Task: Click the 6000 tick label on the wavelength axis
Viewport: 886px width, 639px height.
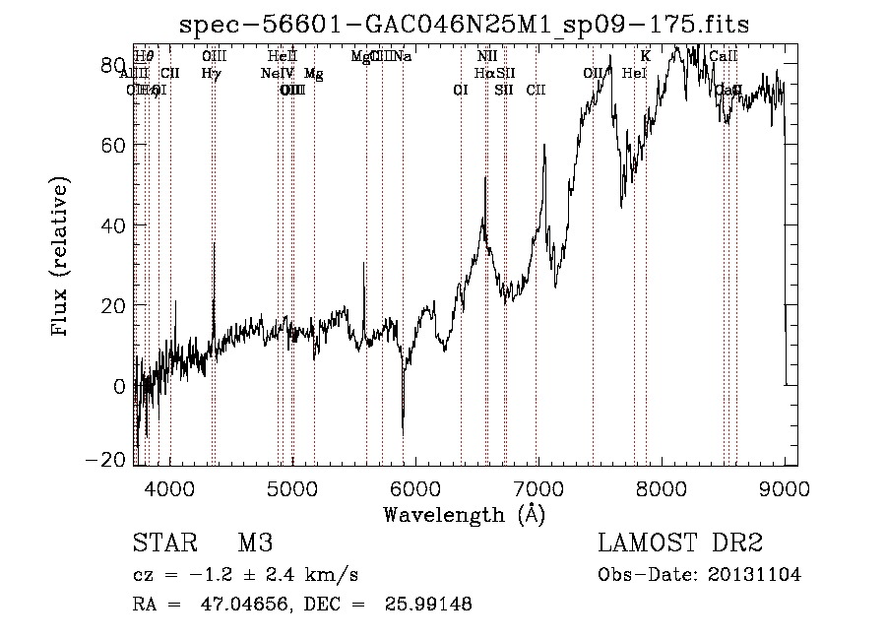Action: point(414,487)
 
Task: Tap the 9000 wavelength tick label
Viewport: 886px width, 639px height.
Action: point(784,487)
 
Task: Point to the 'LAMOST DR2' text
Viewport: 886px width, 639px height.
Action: point(680,543)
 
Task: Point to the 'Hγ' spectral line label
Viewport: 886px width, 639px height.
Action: point(212,73)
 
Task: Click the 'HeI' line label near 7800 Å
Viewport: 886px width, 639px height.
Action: point(635,73)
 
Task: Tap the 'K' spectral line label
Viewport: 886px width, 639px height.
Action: point(645,57)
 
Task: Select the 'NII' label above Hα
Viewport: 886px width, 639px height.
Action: point(486,57)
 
